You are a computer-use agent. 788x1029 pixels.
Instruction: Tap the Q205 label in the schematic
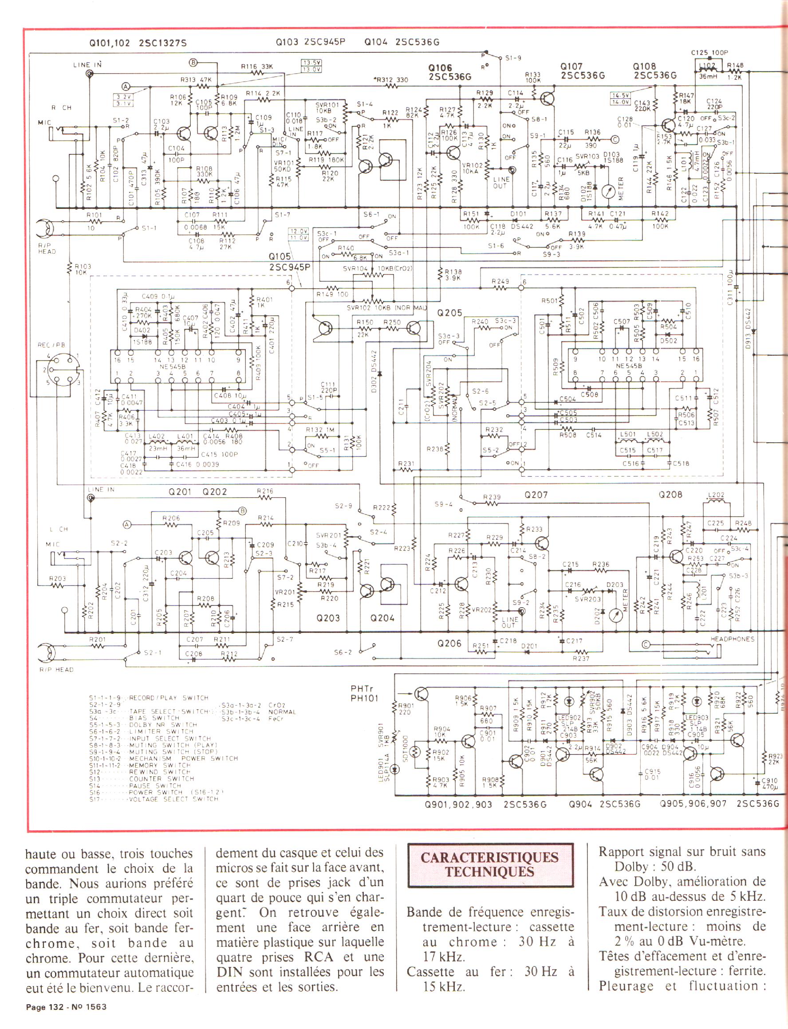point(449,313)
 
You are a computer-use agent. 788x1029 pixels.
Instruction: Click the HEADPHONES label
point(732,639)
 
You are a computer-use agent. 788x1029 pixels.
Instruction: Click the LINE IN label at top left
point(87,65)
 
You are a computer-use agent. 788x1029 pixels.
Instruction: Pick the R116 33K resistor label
point(257,67)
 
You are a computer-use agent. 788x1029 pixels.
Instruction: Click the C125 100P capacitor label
point(709,53)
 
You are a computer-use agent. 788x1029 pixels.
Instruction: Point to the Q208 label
point(670,495)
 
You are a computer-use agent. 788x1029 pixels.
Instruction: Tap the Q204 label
point(382,618)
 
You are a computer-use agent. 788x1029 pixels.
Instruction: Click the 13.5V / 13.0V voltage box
point(311,66)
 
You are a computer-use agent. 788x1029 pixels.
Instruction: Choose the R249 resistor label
point(500,281)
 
